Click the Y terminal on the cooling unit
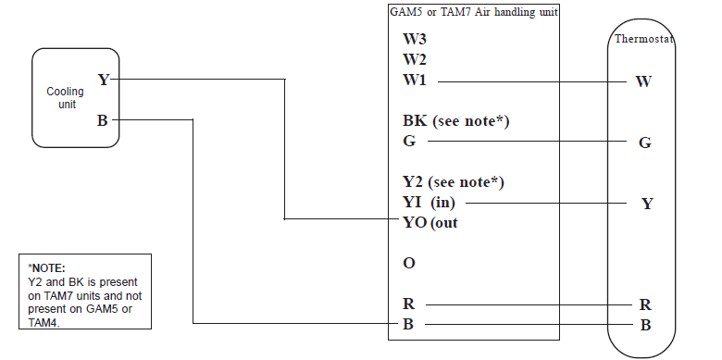click(x=103, y=80)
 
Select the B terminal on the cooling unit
click(x=103, y=119)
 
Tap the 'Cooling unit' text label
click(x=65, y=97)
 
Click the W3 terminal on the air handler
click(x=415, y=40)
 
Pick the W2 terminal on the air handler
click(x=415, y=59)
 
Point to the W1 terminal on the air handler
click(x=415, y=81)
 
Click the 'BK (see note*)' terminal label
click(x=456, y=121)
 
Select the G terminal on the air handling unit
click(x=408, y=142)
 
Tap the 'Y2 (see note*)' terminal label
click(x=453, y=181)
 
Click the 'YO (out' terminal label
click(x=430, y=222)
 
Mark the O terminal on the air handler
click(x=408, y=263)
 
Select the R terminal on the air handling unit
click(x=408, y=304)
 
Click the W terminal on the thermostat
click(x=644, y=81)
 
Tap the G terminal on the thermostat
click(x=645, y=143)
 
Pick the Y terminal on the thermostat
click(x=646, y=204)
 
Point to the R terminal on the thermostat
click(x=646, y=304)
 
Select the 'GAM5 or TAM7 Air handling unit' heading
click(x=472, y=11)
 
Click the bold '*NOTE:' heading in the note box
click(x=47, y=267)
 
